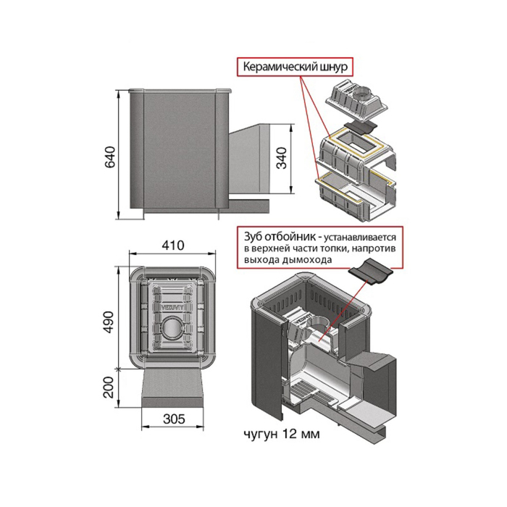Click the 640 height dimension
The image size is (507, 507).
[x=109, y=157]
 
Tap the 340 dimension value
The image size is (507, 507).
[x=281, y=157]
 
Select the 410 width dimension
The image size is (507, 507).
[x=173, y=245]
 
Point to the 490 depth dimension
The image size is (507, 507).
[x=109, y=322]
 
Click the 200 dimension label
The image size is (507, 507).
[x=109, y=387]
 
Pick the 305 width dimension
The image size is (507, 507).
[x=174, y=419]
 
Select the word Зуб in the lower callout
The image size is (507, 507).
[x=253, y=238]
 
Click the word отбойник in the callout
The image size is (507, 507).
[x=290, y=238]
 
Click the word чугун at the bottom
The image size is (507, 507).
[x=261, y=434]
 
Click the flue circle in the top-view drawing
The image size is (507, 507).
[x=172, y=330]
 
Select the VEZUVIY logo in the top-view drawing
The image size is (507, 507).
[x=172, y=306]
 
